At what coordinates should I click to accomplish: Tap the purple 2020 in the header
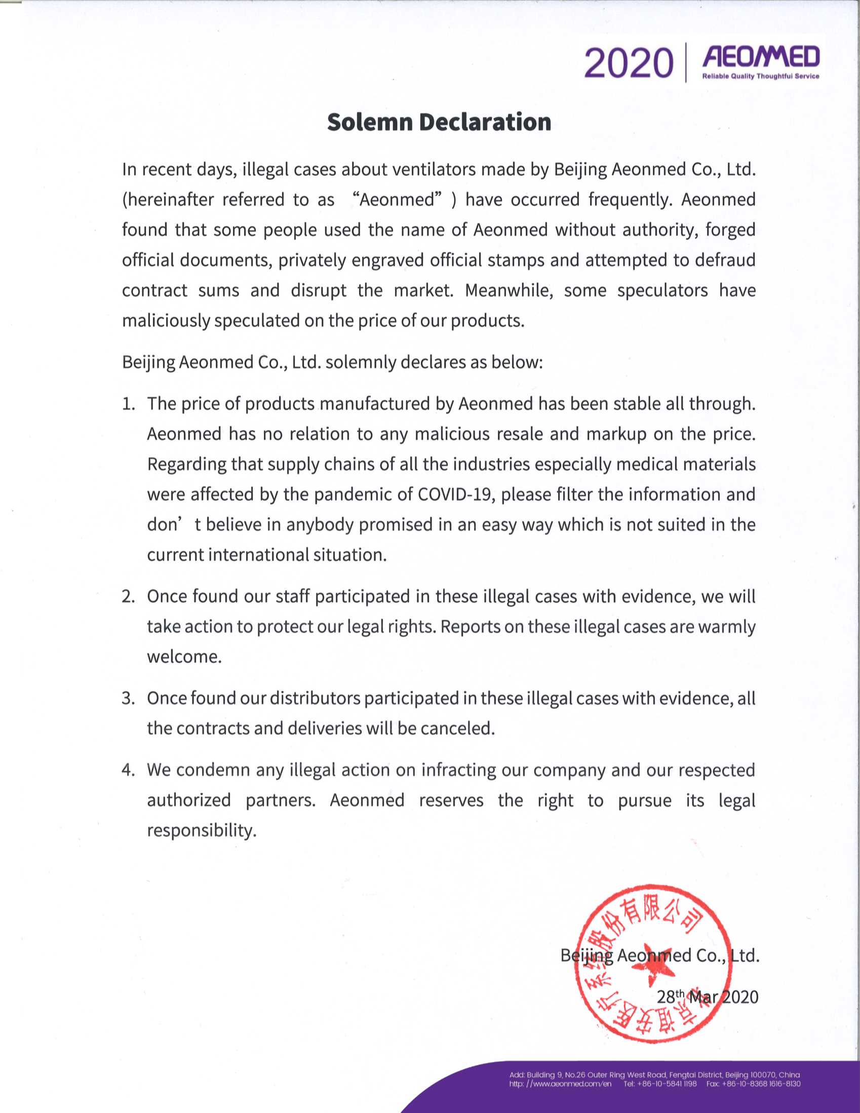[x=628, y=64]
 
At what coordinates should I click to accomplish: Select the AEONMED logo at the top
[x=761, y=57]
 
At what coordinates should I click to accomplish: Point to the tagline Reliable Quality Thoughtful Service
[x=761, y=76]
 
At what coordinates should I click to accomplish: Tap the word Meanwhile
[x=509, y=290]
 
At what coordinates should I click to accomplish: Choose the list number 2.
[x=128, y=596]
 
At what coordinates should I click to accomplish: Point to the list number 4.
[x=128, y=770]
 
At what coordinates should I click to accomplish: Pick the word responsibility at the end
[x=201, y=830]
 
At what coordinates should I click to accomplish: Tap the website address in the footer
[x=560, y=1084]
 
